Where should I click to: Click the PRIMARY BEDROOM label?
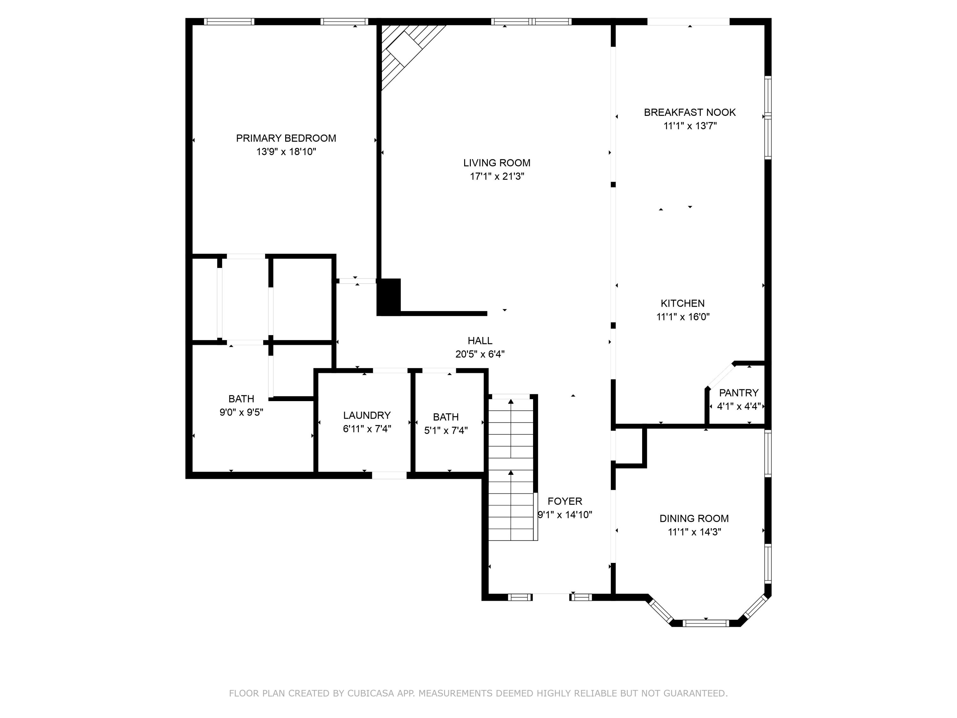click(x=286, y=138)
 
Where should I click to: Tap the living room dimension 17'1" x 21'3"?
click(x=497, y=176)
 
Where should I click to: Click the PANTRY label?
click(x=738, y=393)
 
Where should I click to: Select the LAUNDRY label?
click(x=367, y=415)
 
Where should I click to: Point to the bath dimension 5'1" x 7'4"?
click(x=446, y=430)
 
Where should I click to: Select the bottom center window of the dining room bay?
click(x=706, y=623)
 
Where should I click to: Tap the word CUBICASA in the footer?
click(x=370, y=693)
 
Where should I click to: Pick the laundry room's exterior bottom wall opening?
click(x=389, y=475)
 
